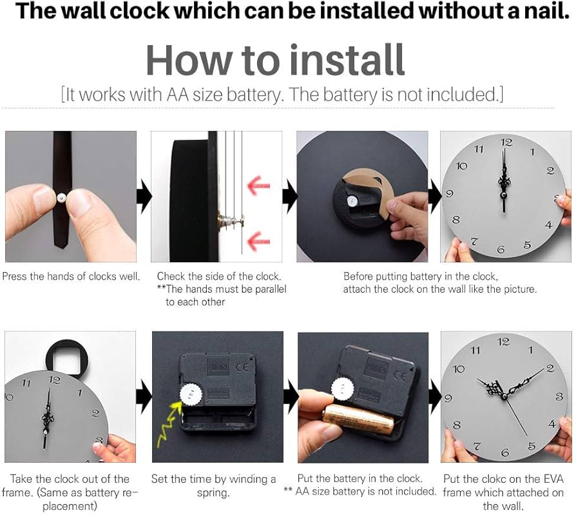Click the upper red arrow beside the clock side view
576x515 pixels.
point(258,186)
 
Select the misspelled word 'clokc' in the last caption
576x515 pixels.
point(501,479)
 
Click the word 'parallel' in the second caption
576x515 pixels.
point(265,289)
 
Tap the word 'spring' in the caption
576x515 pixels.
point(213,492)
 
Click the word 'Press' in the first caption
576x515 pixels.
point(15,277)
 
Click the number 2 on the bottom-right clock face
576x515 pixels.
point(550,368)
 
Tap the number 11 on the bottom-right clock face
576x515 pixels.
point(475,351)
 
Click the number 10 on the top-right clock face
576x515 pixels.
point(461,166)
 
